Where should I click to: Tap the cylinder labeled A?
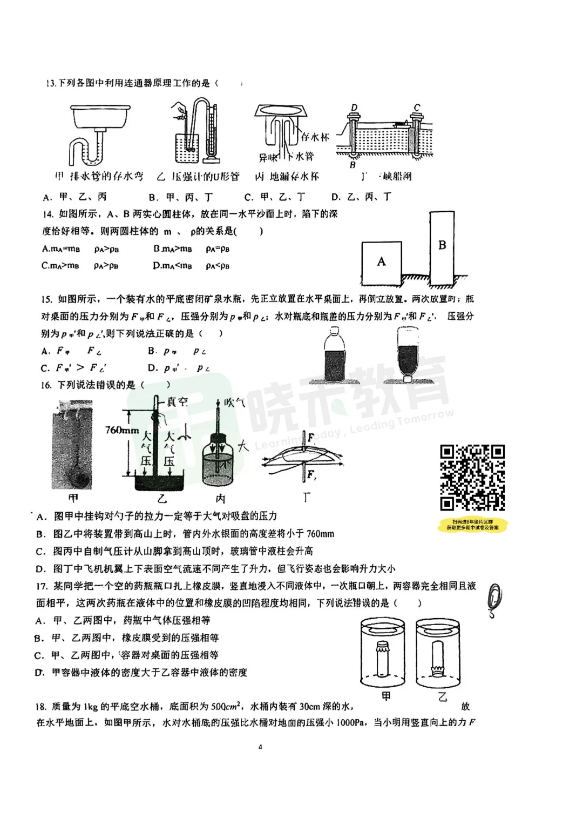(382, 263)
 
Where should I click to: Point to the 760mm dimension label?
(122, 431)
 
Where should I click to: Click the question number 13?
(51, 83)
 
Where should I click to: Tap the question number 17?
(42, 586)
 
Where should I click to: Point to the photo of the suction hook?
(73, 444)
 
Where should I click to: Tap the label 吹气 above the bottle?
(234, 402)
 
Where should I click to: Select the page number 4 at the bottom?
(260, 747)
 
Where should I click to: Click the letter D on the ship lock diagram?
(354, 108)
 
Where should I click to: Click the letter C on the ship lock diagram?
(417, 108)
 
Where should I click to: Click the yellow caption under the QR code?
(472, 525)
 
